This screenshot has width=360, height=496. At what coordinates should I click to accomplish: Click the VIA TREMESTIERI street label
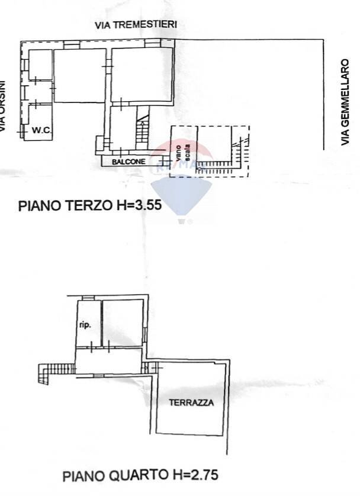(x=136, y=25)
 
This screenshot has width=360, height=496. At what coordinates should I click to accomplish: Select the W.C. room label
(x=40, y=131)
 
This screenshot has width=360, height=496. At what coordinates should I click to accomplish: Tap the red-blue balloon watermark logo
(x=181, y=189)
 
